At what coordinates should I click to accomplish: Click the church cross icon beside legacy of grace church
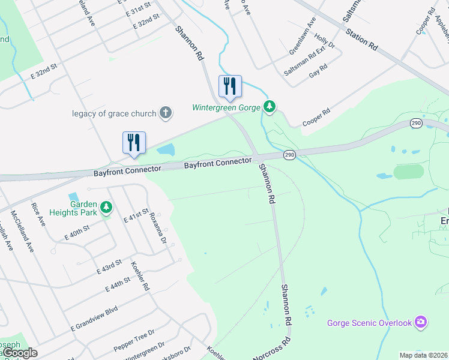166,113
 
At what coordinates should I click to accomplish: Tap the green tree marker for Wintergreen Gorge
270,107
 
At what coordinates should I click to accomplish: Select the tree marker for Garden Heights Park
106,208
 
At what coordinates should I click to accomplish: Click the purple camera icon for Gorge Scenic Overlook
421,323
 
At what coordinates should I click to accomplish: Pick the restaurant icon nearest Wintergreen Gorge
229,86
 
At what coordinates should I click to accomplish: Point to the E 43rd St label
109,266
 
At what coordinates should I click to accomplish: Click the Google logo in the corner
20,353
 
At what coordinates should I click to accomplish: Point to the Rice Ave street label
38,214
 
